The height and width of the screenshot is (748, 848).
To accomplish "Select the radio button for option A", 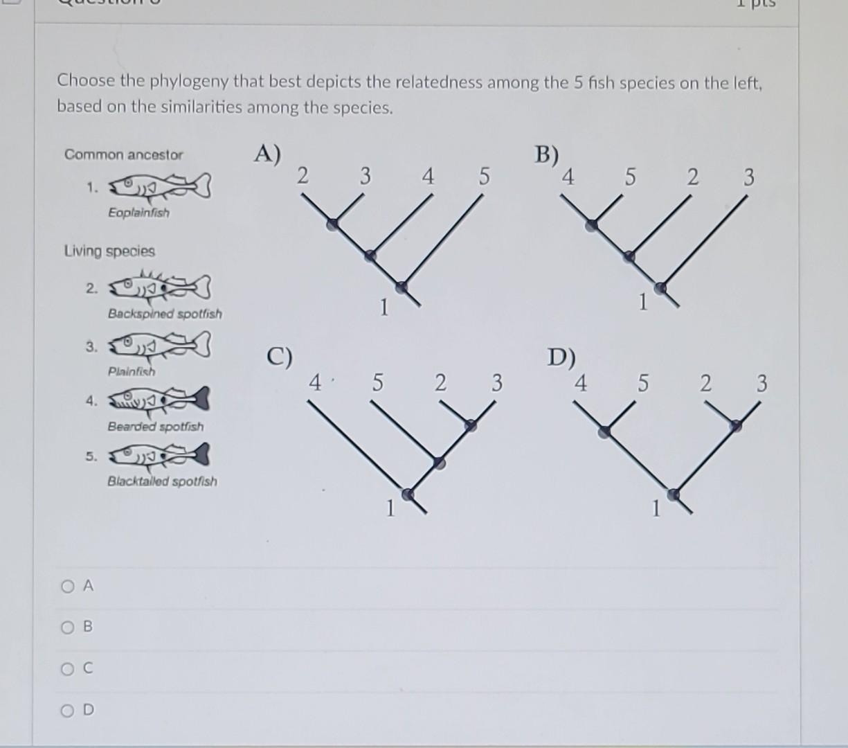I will [67, 587].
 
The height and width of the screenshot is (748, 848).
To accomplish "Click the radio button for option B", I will [67, 628].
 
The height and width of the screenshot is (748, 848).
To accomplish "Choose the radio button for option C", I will [67, 670].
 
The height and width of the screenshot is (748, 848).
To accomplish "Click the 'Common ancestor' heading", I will [123, 154].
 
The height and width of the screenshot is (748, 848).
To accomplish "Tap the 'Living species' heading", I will [109, 251].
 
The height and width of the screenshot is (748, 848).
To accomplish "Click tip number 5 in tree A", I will [483, 177].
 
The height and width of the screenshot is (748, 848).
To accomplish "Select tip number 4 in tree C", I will [315, 382].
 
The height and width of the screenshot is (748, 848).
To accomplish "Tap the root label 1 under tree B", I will [642, 303].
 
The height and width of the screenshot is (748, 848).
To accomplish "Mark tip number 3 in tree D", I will [761, 383].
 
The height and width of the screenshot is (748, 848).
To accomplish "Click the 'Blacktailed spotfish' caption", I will [162, 481].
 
